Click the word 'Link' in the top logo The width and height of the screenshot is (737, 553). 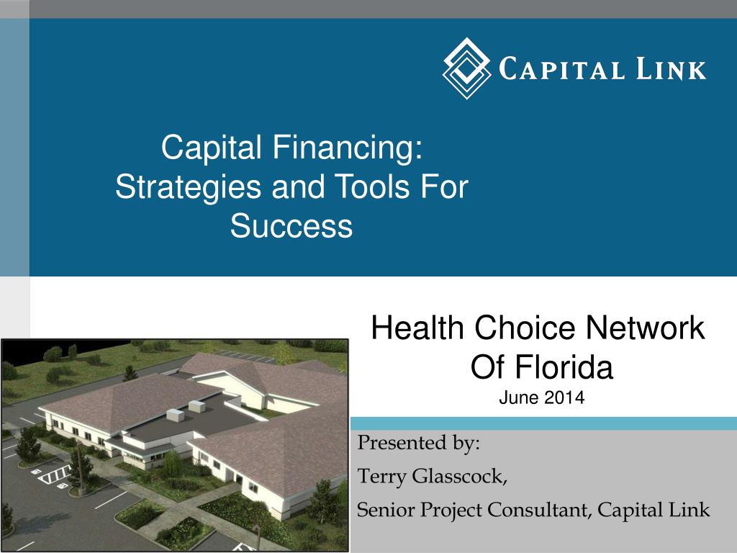point(669,69)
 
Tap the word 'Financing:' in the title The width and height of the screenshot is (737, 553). point(348,149)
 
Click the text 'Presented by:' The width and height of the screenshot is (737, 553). point(419,442)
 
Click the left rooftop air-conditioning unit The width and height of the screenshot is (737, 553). point(176,415)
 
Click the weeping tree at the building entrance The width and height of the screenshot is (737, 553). point(172,465)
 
